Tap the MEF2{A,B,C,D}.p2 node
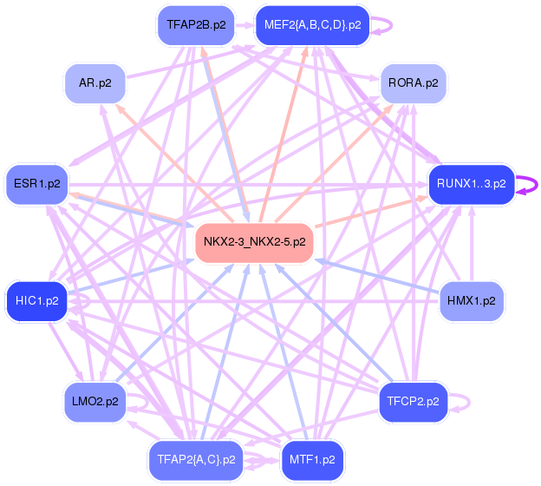pos(312,25)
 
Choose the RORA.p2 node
pos(413,83)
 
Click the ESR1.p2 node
pos(37,184)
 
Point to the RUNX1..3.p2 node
pos(471,184)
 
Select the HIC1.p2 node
pos(37,301)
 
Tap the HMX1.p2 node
pos(472,301)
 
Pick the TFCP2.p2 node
pos(413,402)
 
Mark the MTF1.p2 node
pos(312,459)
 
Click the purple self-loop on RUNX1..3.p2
pos(531,184)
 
